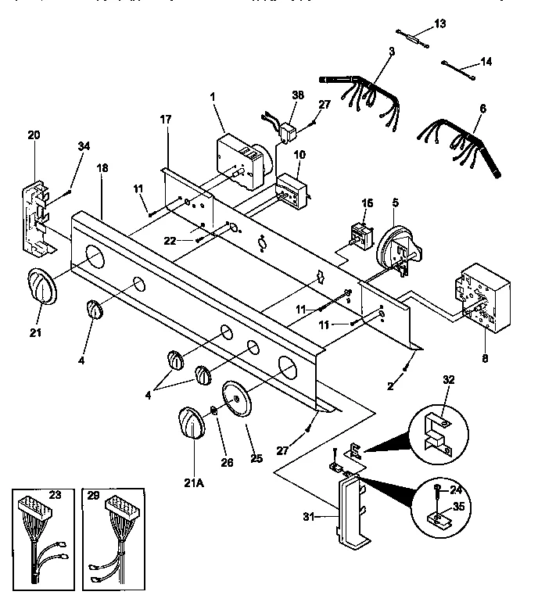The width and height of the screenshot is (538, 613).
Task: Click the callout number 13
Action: coord(439,24)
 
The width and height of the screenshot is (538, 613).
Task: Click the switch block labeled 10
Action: coord(292,190)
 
